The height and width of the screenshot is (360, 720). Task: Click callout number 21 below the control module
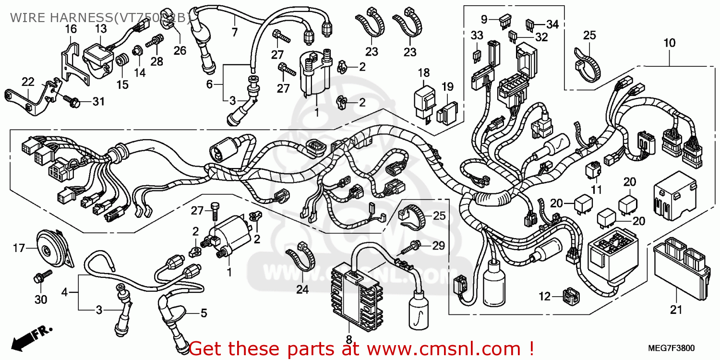coord(676,310)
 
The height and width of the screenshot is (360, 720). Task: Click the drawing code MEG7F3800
coord(672,348)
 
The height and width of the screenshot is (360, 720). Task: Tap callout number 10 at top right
coord(669,43)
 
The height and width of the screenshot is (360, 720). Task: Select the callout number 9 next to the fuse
coord(484,19)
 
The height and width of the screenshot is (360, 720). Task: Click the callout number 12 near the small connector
coord(544,297)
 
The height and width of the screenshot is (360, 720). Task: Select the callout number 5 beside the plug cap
coord(204,314)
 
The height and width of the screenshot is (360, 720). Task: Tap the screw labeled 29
coord(411,248)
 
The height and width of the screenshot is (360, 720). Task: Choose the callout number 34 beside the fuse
coord(552,24)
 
